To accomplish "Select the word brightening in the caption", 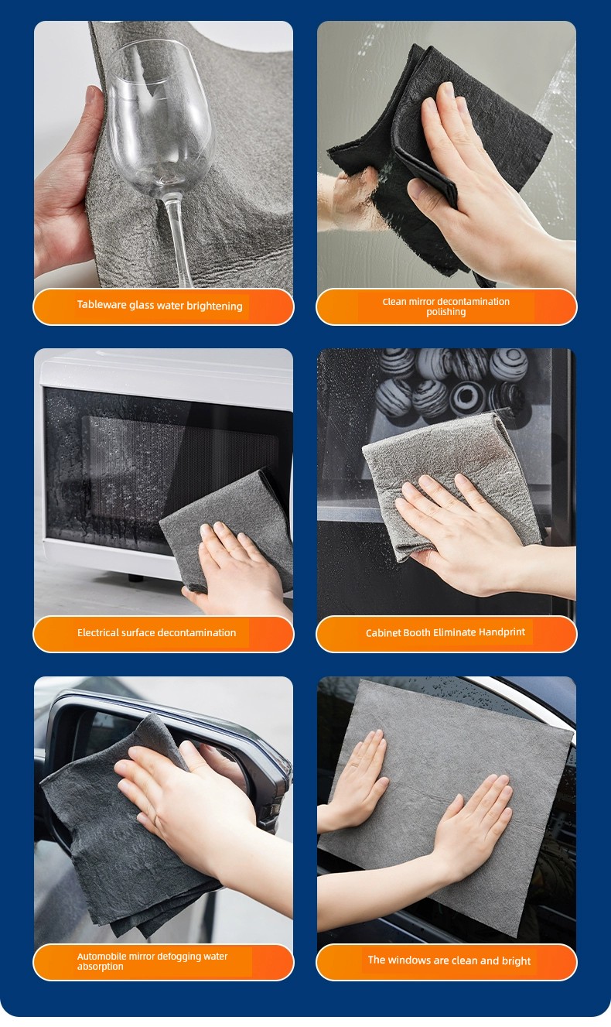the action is pyautogui.click(x=214, y=306).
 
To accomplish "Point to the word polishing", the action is pyautogui.click(x=445, y=312).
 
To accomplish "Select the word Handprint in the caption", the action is pyautogui.click(x=501, y=632).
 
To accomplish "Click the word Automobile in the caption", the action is pyautogui.click(x=101, y=957).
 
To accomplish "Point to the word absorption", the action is pyautogui.click(x=100, y=967).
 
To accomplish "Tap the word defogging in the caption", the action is pyautogui.click(x=180, y=957).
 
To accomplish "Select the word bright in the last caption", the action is pyautogui.click(x=516, y=961).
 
